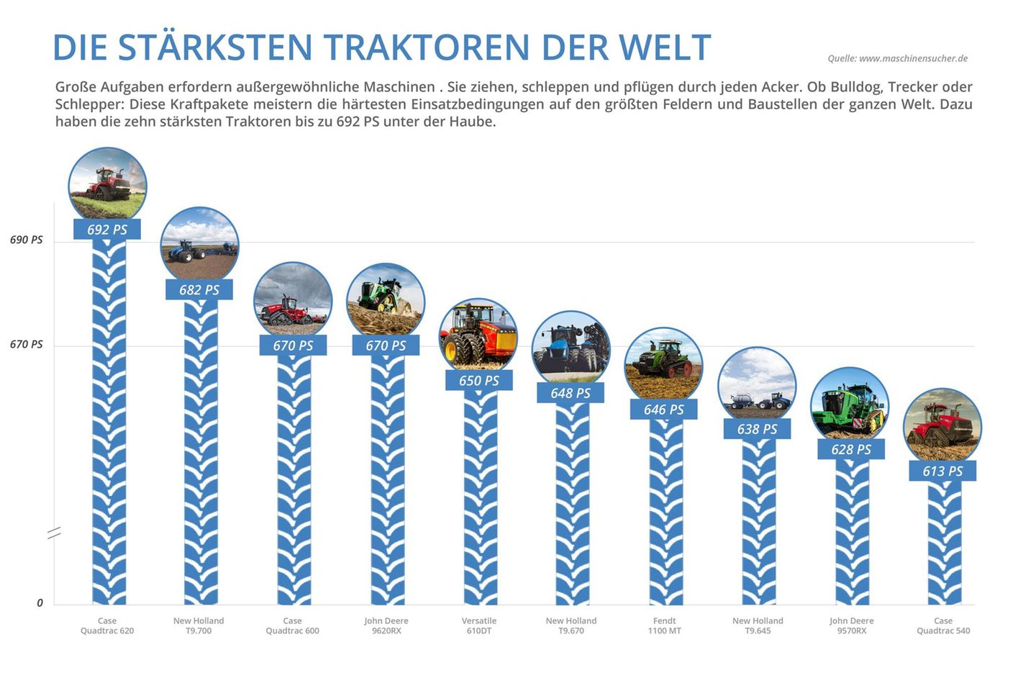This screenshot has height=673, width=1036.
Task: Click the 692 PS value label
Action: (x=107, y=230)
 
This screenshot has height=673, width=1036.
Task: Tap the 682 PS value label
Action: (x=199, y=290)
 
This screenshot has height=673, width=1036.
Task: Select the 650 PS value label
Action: (x=479, y=381)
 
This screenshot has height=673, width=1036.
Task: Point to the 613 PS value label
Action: (x=942, y=471)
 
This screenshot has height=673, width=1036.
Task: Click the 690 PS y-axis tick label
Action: (x=27, y=240)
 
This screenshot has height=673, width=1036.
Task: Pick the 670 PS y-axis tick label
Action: (x=27, y=344)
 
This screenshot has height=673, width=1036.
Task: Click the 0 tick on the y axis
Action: (x=40, y=603)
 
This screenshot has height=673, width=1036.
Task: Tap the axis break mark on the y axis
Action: (x=54, y=533)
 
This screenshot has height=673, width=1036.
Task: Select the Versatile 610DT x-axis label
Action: (x=479, y=625)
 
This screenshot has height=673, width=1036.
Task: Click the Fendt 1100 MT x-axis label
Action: (x=664, y=625)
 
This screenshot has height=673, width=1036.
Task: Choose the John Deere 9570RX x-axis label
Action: (x=851, y=625)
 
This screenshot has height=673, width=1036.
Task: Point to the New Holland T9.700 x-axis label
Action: (x=199, y=625)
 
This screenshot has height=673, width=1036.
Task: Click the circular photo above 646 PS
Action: (x=663, y=365)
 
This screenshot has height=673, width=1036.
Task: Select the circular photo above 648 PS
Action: (x=571, y=348)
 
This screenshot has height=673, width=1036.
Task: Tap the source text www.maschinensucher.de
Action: (x=913, y=58)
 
